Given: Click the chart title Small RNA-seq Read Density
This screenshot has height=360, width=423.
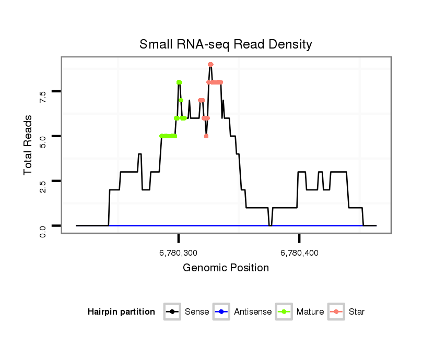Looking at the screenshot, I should click(226, 44).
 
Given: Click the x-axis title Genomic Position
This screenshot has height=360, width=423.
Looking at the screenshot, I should click(226, 268).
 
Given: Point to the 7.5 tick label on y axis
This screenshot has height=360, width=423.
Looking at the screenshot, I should click(43, 95).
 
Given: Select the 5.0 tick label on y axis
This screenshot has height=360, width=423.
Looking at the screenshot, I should click(43, 140).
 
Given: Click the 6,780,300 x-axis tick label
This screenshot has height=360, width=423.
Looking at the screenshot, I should click(178, 254).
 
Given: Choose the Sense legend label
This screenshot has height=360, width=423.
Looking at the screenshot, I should click(197, 312).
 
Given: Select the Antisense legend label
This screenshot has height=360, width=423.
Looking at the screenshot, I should click(253, 312).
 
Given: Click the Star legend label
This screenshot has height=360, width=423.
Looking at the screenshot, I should click(357, 312).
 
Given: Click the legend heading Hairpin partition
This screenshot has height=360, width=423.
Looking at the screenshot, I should click(121, 312).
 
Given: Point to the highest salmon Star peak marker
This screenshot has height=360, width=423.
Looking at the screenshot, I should click(210, 65).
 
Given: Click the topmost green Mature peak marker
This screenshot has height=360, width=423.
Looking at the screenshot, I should click(179, 82).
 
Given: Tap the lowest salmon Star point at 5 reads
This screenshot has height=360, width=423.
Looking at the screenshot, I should click(206, 136).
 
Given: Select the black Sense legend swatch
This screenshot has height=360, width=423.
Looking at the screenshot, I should click(173, 312).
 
